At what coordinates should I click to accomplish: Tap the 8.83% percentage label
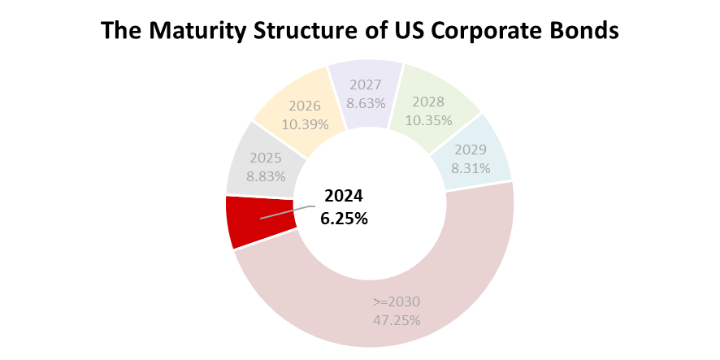click(266, 174)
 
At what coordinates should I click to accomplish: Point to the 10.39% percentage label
click(305, 124)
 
